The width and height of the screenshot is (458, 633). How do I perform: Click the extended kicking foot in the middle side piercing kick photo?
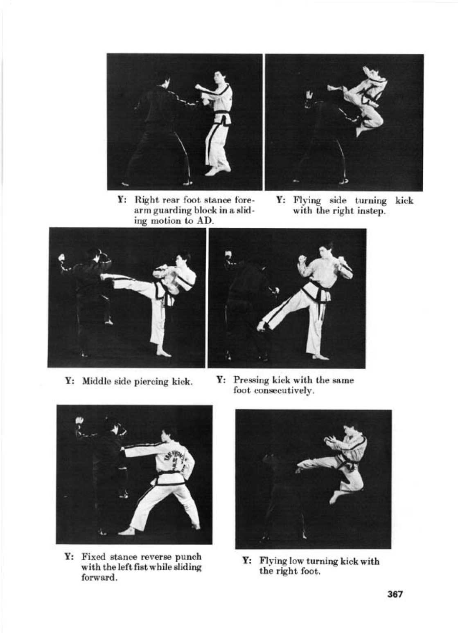tap(106, 276)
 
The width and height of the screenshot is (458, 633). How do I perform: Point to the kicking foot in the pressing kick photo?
tap(261, 326)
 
